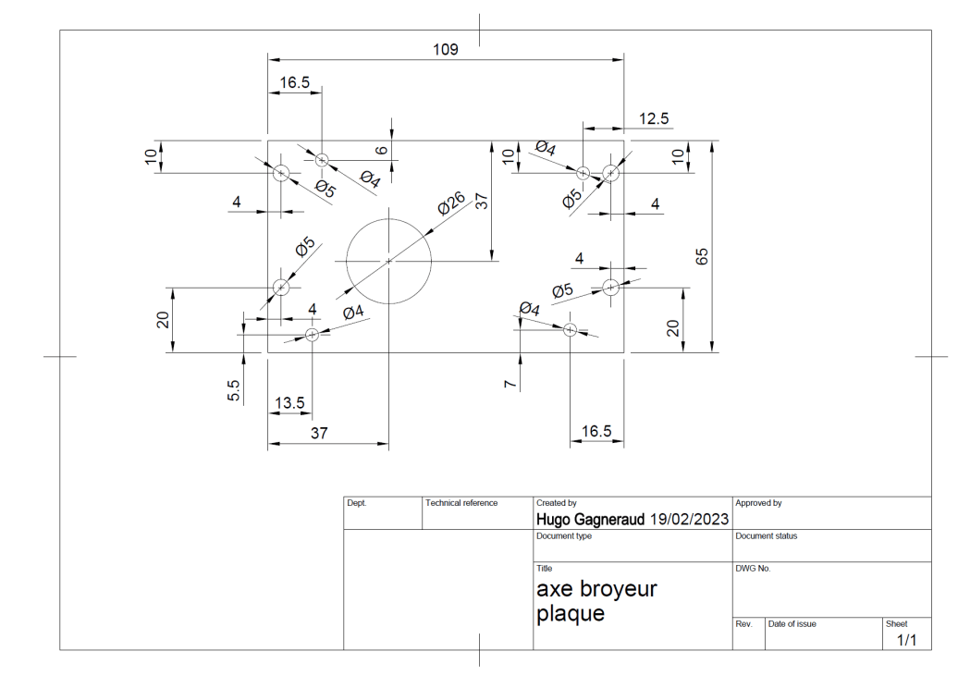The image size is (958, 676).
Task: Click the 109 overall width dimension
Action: pos(446,49)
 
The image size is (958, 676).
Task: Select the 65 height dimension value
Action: pos(702,256)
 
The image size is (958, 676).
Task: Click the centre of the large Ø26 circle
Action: pos(388,262)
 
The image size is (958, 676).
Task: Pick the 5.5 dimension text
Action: pos(234,390)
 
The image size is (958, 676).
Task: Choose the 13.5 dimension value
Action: pos(289,403)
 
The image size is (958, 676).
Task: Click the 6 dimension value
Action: pos(379,150)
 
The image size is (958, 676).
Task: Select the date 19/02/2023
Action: pos(690,519)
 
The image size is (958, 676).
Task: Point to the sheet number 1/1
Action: pos(906,640)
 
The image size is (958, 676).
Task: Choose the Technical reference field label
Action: pos(461,503)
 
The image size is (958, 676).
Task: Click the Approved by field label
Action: pos(758,503)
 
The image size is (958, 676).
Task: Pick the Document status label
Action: pos(766,536)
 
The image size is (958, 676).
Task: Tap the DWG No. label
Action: pos(753,569)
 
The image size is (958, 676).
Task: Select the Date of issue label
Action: pos(792,624)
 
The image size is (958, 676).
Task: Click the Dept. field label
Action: pos(357,503)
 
